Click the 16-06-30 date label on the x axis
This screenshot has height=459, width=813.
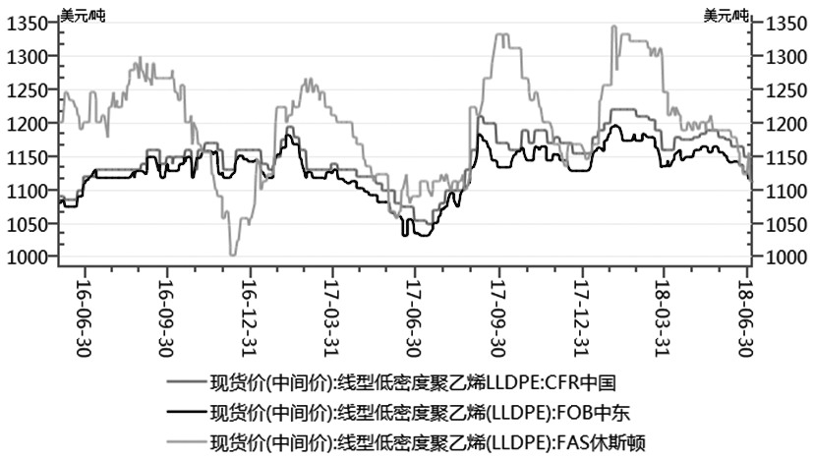(84, 305)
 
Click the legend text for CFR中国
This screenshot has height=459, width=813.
(413, 381)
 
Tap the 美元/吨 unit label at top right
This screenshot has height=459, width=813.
(726, 13)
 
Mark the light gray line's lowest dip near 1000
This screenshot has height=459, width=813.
(233, 255)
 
